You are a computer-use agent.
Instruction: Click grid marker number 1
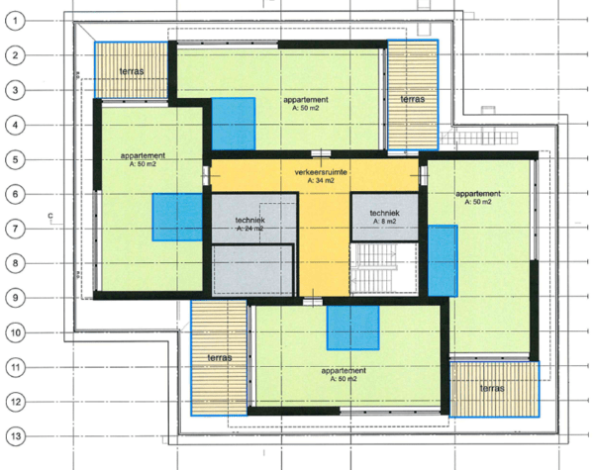pos(15,21)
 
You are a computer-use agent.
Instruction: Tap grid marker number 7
pos(15,229)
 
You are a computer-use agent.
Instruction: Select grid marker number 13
pos(16,436)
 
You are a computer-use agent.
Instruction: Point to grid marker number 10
pos(16,332)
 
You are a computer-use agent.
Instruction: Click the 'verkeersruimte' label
pos(321,172)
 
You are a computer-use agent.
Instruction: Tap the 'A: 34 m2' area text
pos(321,181)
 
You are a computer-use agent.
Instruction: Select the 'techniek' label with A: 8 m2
pos(384,213)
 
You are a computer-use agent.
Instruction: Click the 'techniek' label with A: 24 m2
pos(250,220)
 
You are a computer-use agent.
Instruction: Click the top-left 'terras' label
pos(132,71)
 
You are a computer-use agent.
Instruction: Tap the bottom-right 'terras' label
pos(492,388)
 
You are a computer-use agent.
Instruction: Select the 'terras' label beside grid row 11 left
pos(220,357)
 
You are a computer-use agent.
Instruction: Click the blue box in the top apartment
pos(233,124)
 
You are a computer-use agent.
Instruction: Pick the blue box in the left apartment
pos(177,217)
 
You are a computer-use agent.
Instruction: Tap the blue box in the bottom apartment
pos(352,328)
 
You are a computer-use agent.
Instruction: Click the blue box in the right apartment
pos(443,260)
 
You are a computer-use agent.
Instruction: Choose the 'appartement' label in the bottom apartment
pos(344,370)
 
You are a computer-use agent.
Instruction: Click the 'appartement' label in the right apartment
pos(478,194)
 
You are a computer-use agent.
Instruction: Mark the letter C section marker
pos(50,216)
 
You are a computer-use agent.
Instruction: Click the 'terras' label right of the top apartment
pos(413,99)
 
